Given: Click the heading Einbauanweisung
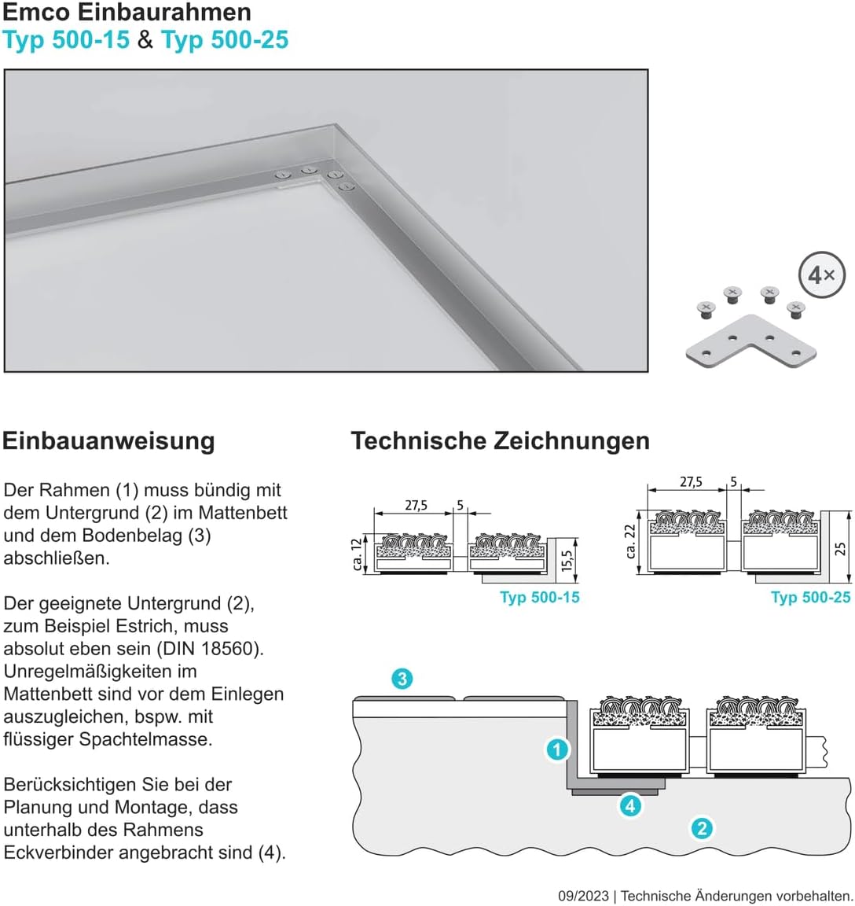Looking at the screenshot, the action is pos(108,441).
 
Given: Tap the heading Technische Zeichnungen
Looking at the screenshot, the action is pos(500,441).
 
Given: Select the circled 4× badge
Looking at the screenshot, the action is pos(821,274).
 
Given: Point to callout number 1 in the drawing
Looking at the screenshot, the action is pos(557,750).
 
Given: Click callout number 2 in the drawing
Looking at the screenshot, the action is pos(702,829).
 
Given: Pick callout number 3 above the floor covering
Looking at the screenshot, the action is pos(402,679).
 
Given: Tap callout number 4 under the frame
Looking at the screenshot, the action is pos(629,805).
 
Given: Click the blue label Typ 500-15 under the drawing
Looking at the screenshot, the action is pos(540,598).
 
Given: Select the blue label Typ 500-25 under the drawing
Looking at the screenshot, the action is pos(810,598).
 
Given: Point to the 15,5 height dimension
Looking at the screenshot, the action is pos(567,561).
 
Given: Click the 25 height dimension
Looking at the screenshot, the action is pos(841,548).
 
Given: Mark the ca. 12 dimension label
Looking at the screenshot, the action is pos(358,554).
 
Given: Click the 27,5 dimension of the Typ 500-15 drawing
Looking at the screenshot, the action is pos(416,506).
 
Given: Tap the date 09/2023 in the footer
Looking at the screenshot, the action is pos(583,897).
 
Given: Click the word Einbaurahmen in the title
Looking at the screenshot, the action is pos(163,12).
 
